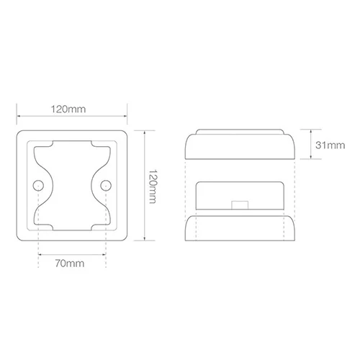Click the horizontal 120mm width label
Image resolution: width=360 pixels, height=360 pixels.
point(68,109)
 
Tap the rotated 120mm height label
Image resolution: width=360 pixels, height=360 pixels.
point(153,186)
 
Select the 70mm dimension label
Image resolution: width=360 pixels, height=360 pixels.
point(70,264)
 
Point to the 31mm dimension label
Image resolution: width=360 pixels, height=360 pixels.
point(330,145)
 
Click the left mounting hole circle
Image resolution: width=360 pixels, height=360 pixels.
point(38,186)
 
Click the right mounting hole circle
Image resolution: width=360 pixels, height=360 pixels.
point(106,186)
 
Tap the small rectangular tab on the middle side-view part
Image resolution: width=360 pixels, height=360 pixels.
point(240,205)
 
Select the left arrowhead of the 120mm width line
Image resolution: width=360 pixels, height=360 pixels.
point(19,116)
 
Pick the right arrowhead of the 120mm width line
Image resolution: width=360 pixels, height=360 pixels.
point(125,116)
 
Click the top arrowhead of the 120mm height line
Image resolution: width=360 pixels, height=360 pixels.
point(144,132)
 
